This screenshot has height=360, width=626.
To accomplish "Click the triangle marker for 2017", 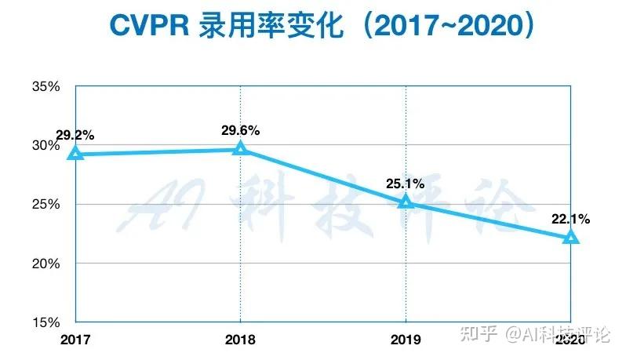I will tap(75, 154).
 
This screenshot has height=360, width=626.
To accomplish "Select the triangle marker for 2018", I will tap(241, 148).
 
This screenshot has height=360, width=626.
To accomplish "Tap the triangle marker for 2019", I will tap(406, 202).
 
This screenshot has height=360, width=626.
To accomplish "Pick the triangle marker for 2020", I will tap(571, 237).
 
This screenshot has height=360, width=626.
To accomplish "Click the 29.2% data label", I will tap(75, 134).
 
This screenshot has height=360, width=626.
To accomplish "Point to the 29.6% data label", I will tap(240, 130).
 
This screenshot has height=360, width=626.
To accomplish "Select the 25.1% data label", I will tap(405, 184).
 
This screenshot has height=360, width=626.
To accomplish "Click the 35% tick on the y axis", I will tap(45, 86).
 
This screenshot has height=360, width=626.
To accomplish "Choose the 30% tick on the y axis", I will tap(45, 145).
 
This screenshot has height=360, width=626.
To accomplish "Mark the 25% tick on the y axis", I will tap(45, 204).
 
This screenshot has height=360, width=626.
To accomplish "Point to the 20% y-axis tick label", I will tap(45, 263).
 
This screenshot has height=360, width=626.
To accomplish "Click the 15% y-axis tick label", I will tap(45, 322).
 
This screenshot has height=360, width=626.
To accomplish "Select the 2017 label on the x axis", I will tap(75, 339).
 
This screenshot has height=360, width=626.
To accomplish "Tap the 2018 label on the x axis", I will tap(240, 339).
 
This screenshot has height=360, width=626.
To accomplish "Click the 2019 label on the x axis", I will tap(406, 339).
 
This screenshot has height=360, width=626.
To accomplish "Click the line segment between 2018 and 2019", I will tap(323, 176).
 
